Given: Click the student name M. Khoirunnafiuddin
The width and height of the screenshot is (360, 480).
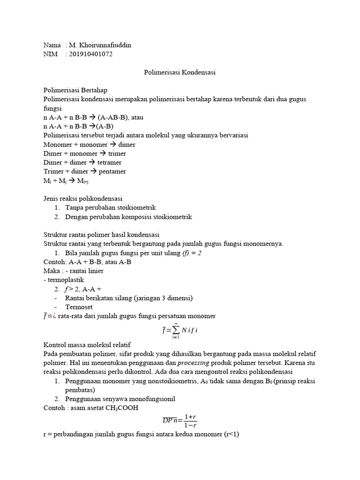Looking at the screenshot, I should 100,45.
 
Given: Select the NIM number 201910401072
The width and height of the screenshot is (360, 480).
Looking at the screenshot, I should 91,54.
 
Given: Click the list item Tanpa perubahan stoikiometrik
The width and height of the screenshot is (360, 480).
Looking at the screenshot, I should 110,207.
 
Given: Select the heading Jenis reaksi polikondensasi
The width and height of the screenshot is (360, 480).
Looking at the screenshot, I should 82,198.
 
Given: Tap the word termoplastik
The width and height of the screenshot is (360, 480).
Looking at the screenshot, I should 64,280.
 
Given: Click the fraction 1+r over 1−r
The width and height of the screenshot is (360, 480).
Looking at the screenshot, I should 190,420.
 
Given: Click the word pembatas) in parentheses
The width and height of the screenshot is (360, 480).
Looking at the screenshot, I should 80,390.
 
